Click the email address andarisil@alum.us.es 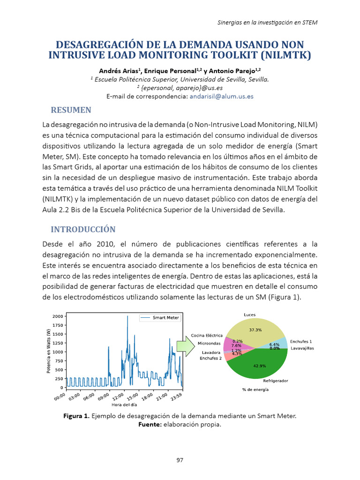point(221,96)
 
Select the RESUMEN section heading point(71,110)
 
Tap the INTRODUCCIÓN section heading point(82,229)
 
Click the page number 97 point(180,460)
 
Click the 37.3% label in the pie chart point(255,330)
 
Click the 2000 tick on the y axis point(57,316)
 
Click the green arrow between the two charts point(188,347)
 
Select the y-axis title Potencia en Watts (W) point(48,351)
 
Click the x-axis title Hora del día point(124,405)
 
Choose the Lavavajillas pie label point(302,348)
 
